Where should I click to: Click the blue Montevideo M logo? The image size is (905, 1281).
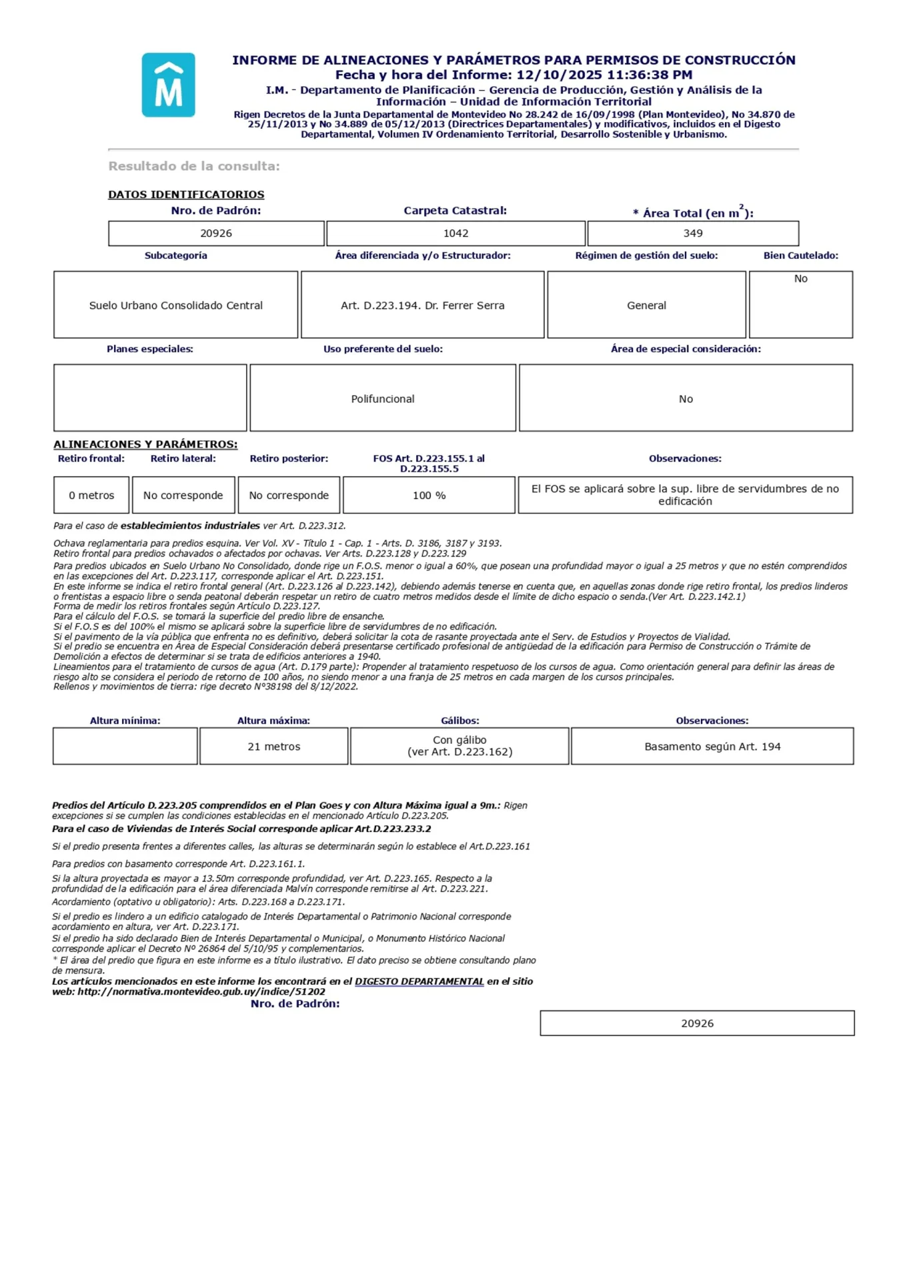coord(168,85)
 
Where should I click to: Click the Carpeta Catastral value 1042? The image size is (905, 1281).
coord(456,234)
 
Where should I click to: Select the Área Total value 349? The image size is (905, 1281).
coord(692,234)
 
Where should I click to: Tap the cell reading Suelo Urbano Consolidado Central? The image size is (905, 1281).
coord(175,306)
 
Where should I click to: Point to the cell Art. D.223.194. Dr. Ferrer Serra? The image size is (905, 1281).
coord(422,306)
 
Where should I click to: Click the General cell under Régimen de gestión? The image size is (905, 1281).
coord(646,306)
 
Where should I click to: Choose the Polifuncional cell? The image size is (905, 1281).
coord(382,399)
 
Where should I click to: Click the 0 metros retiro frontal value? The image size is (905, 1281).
coord(91,496)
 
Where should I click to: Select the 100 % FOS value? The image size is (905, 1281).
coord(429,496)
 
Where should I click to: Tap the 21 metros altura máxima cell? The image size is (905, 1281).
coord(273,747)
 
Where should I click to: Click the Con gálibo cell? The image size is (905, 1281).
coord(460,746)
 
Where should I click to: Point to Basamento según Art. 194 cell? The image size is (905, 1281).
coord(712,747)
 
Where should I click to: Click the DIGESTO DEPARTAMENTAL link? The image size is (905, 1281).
coord(419,981)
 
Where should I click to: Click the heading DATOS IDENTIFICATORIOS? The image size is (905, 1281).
coord(186,195)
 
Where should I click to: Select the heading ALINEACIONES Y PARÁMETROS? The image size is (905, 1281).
coord(145,444)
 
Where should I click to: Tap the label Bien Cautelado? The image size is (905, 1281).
coord(800,256)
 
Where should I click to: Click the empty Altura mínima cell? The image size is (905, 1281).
coord(125,747)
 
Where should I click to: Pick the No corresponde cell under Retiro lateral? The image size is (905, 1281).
coord(183,496)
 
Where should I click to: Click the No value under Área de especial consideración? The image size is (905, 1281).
coord(685,399)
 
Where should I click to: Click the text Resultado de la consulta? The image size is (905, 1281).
coord(194,166)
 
